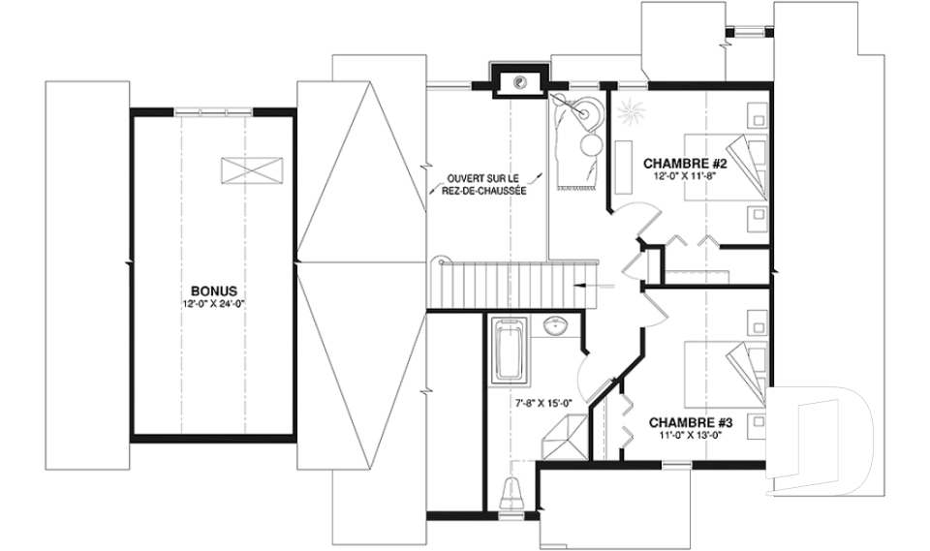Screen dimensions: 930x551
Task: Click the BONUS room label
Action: click(214, 291)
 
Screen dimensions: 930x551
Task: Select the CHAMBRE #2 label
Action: click(685, 163)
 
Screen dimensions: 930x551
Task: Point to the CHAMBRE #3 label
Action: click(691, 423)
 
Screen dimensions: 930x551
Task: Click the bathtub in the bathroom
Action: click(510, 350)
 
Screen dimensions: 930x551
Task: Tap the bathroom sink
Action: click(557, 325)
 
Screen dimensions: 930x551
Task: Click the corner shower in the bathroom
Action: click(564, 437)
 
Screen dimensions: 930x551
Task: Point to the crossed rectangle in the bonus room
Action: click(252, 171)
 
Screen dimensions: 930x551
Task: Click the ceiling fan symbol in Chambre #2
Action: click(628, 112)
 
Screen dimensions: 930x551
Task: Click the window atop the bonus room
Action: click(213, 111)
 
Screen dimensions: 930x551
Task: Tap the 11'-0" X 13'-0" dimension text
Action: click(691, 435)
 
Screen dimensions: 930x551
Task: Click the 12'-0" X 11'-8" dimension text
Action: click(685, 175)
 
